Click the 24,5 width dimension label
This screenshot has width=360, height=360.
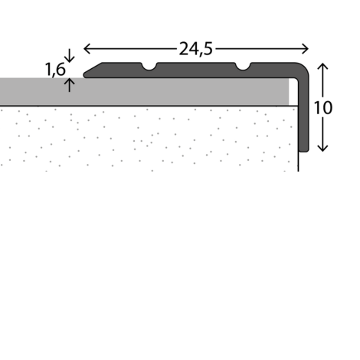coord(195,49)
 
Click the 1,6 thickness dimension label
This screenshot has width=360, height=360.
coord(55,69)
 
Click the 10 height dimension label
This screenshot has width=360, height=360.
coord(322,107)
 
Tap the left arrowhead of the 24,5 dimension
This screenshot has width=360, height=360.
coord(87,49)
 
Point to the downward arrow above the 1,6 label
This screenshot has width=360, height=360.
coord(69,55)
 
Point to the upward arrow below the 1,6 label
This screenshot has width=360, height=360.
coord(69,85)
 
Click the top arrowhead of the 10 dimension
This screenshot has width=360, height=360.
coord(322,66)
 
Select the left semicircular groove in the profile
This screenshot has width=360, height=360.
coord(149,67)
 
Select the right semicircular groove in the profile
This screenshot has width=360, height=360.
coord(243,67)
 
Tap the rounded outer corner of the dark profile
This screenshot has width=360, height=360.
coord(303,68)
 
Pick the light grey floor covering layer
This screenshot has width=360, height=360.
coord(144,91)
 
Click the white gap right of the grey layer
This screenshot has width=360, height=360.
coord(293,91)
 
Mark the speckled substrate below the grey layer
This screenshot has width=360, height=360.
coord(149,139)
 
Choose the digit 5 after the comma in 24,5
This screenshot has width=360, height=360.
coord(208,49)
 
